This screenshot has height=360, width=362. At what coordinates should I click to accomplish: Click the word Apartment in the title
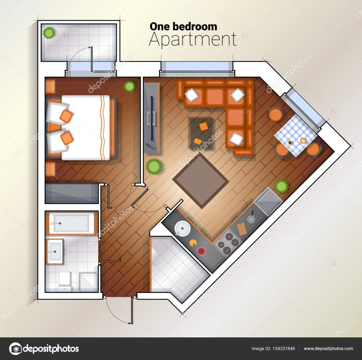(x=193, y=40)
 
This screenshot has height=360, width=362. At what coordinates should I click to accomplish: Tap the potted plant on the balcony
(x=49, y=33)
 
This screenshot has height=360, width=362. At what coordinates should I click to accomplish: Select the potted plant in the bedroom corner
(x=129, y=86)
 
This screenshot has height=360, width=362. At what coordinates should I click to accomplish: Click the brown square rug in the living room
(x=201, y=181)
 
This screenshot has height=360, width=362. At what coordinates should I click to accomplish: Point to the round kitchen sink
(x=182, y=228)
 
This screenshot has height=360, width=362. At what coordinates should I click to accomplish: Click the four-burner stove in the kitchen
(x=227, y=242)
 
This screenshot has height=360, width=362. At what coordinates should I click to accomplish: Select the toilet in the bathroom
(x=65, y=281)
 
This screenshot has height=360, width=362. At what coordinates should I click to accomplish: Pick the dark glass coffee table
(x=201, y=134)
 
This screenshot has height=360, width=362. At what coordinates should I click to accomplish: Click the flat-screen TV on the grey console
(x=152, y=118)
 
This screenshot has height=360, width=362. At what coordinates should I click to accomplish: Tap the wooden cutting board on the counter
(x=242, y=229)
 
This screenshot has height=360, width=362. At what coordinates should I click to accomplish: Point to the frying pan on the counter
(x=251, y=217)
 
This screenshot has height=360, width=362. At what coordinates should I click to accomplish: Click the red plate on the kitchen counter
(x=201, y=251)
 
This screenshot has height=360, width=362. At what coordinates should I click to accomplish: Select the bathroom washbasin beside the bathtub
(x=55, y=252)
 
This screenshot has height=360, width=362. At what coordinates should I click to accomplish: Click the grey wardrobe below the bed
(x=72, y=193)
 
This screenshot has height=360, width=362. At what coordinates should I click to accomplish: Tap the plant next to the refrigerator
(x=281, y=186)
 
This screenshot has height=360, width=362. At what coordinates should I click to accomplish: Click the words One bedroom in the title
(x=183, y=26)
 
